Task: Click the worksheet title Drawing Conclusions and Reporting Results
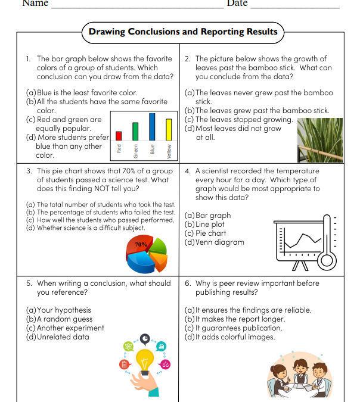[x=182, y=32]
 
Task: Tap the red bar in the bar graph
[x=119, y=136]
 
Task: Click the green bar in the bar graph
[x=135, y=131]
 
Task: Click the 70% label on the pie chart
[x=141, y=244]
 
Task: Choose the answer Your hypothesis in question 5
[x=59, y=310]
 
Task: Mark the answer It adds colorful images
[x=230, y=337]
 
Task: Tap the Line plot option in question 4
[x=205, y=225]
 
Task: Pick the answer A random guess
[x=59, y=319]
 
